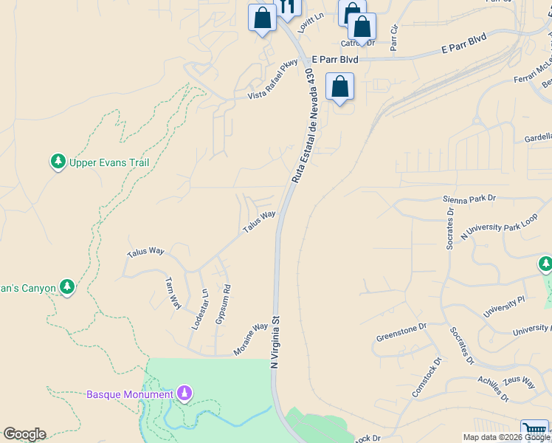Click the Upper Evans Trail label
[109, 162]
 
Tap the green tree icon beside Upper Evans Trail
[58, 162]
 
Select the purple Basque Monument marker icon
[185, 394]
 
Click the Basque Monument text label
[130, 394]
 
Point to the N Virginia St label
[275, 343]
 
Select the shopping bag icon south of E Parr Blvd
[339, 87]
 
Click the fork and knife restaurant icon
[287, 7]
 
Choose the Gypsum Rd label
[221, 305]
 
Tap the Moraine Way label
[251, 340]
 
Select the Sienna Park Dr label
[469, 199]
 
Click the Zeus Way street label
[520, 382]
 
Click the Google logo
[24, 434]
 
